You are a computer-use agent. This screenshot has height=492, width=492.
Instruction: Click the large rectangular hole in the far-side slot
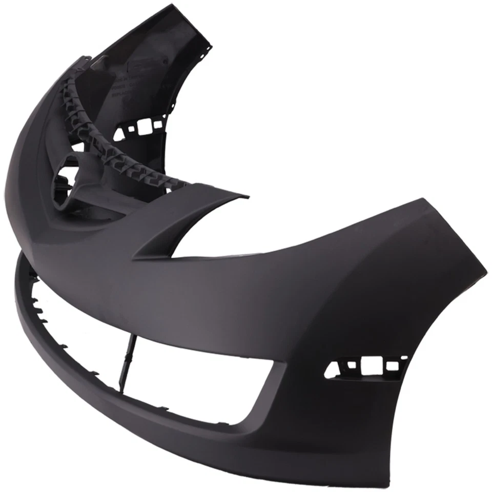coord(141,125)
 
